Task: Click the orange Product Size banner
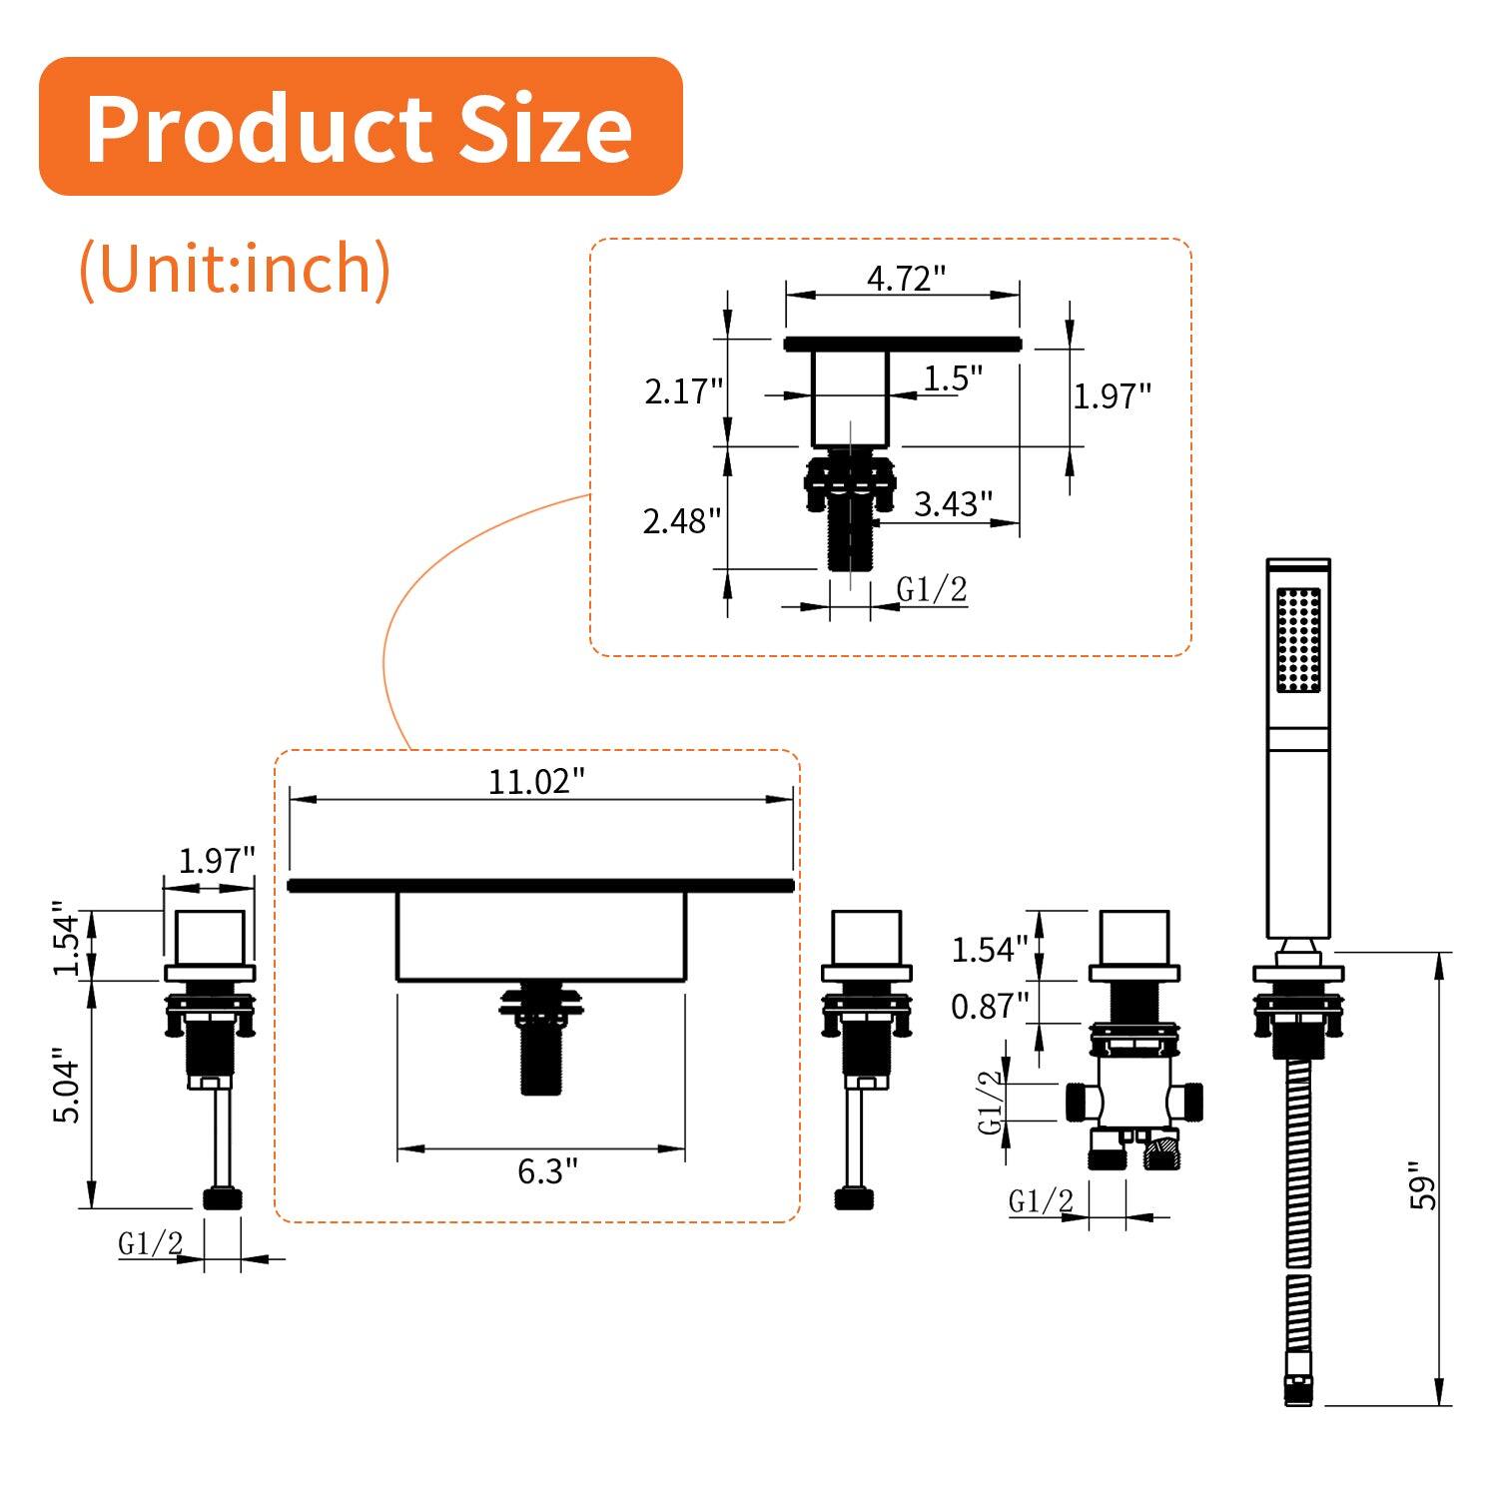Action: pyautogui.click(x=360, y=127)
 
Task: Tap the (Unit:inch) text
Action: pyautogui.click(x=235, y=268)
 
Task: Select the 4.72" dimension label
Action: pyautogui.click(x=905, y=278)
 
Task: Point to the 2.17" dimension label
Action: pyautogui.click(x=683, y=390)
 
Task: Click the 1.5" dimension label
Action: pyautogui.click(x=953, y=378)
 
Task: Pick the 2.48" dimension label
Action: pyautogui.click(x=681, y=520)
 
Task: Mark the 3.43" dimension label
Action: pyautogui.click(x=953, y=503)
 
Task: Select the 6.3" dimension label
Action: pyautogui.click(x=547, y=1170)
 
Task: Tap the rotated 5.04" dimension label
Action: pyautogui.click(x=67, y=1086)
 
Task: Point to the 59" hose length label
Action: pyautogui.click(x=1422, y=1185)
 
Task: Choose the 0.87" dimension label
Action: pyautogui.click(x=989, y=1007)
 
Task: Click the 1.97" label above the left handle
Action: pyautogui.click(x=216, y=860)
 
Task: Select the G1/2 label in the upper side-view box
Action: pyautogui.click(x=932, y=590)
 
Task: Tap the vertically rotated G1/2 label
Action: pyautogui.click(x=990, y=1102)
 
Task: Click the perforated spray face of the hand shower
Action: pyautogui.click(x=1298, y=639)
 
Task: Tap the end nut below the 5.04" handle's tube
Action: pyautogui.click(x=223, y=1198)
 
